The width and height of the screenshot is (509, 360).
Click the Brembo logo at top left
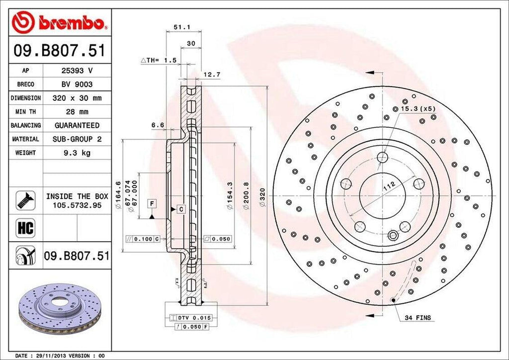pyautogui.click(x=60, y=22)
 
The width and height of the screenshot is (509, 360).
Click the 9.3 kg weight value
pyautogui.click(x=77, y=153)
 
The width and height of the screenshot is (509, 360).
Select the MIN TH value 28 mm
pyautogui.click(x=77, y=112)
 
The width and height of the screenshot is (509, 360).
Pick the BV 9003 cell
pyautogui.click(x=77, y=85)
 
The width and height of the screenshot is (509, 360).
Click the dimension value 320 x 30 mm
pyautogui.click(x=77, y=98)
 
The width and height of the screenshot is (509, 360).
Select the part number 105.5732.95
pyautogui.click(x=77, y=205)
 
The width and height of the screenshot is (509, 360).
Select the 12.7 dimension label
pyautogui.click(x=209, y=75)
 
